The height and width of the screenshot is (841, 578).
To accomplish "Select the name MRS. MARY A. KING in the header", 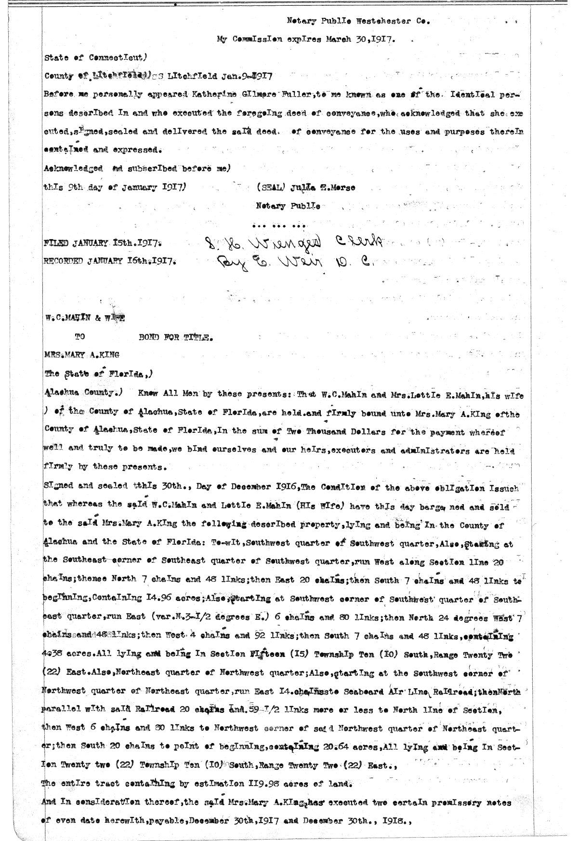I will click(x=81, y=355).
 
